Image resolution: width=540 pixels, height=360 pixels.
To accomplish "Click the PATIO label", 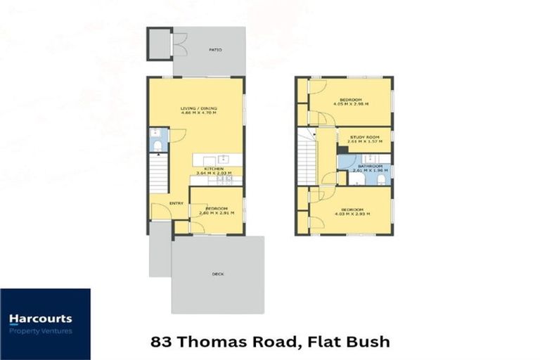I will tap(215, 50).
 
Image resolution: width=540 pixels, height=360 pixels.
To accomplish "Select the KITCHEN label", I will tap(214, 169).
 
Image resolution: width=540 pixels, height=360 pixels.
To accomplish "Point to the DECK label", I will tap(217, 274).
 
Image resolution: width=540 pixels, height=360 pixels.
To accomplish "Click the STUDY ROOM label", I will tap(364, 137).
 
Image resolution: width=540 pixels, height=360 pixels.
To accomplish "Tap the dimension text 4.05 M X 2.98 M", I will tap(351, 104).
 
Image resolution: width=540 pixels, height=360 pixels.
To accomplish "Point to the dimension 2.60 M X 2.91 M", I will tap(216, 212).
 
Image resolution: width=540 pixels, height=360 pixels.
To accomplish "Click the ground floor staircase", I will tap(158, 175).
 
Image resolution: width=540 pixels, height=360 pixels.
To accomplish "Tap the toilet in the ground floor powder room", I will tap(158, 146).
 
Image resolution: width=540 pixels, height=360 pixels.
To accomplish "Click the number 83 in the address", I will tap(160, 342).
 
